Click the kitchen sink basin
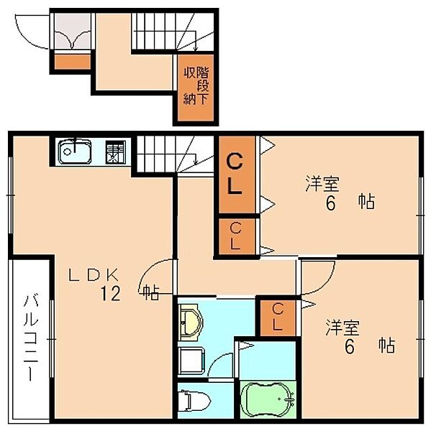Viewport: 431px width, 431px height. tap(74, 152)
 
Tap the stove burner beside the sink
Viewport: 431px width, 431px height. tap(116, 152)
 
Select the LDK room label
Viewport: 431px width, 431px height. tap(94, 274)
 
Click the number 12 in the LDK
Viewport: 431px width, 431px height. tap(110, 293)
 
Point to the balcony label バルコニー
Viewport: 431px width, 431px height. tap(31, 338)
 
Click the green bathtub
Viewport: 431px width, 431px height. tap(268, 399)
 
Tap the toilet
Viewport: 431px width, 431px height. tap(194, 402)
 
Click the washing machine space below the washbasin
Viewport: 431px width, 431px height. tap(191, 361)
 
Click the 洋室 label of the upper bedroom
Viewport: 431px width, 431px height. tap(322, 184)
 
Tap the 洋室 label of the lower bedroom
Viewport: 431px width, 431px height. tap(342, 328)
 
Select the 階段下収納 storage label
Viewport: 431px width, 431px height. tap(196, 85)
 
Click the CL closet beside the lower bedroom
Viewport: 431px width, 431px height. tap(278, 318)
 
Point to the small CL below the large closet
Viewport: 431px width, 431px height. tap(235, 236)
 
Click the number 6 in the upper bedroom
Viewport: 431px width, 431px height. tap(330, 204)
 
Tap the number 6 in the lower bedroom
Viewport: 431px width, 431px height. tap(349, 347)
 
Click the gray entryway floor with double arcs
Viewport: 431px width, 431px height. tap(73, 32)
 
